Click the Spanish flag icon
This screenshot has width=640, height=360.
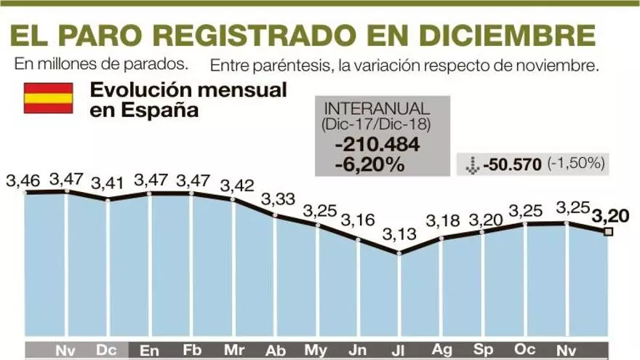tap(48, 97)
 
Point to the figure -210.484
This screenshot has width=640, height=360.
tap(377, 145)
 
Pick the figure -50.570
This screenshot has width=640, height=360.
tap(512, 164)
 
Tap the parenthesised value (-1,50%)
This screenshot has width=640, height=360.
tap(576, 164)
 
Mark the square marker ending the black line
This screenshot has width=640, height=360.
tap(608, 232)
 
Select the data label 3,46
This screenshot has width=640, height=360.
tap(23, 179)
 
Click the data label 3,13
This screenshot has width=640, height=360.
tap(399, 234)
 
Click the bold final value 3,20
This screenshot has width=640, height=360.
tap(609, 215)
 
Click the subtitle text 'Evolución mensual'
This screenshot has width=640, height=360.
tap(188, 91)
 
